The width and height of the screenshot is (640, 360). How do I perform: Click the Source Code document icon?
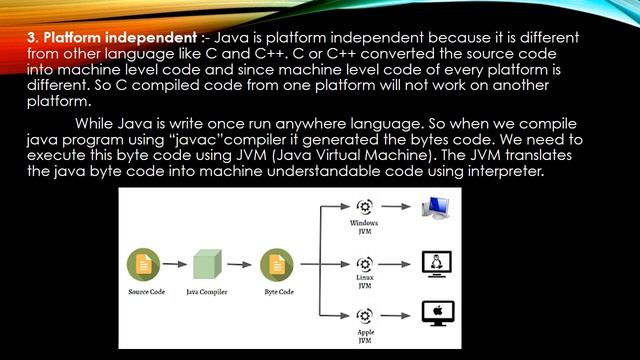pyautogui.click(x=143, y=265)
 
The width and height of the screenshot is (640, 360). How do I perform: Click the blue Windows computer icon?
pyautogui.click(x=437, y=208)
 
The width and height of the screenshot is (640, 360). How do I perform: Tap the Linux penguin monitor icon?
pyautogui.click(x=437, y=262)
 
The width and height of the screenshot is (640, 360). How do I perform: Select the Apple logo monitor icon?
pyautogui.click(x=437, y=314)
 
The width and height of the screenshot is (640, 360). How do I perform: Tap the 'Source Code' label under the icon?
pyautogui.click(x=144, y=292)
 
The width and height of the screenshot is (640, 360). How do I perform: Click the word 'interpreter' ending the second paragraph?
pyautogui.click(x=475, y=171)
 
